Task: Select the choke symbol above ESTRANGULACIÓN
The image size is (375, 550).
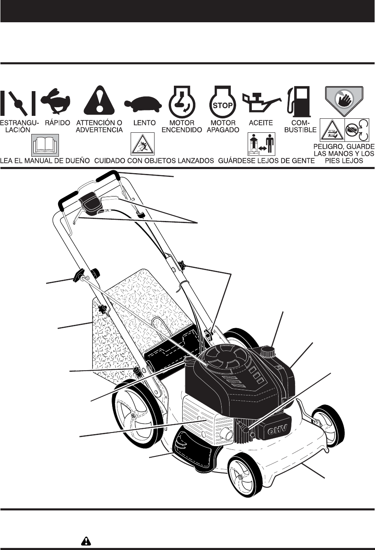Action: (x=19, y=102)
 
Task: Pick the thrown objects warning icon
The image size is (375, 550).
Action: (x=142, y=144)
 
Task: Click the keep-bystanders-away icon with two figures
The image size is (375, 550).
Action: (x=261, y=145)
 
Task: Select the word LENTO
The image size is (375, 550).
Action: (x=145, y=123)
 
